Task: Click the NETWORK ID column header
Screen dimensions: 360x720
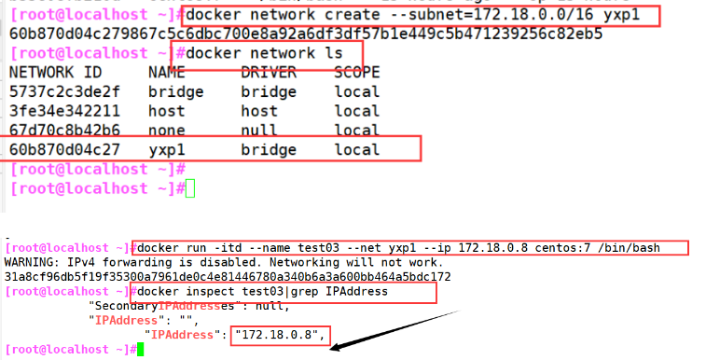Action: coord(51,72)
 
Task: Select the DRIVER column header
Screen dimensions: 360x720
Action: coord(269,72)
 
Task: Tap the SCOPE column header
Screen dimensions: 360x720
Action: coord(357,72)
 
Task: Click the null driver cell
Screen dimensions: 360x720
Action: coord(259,131)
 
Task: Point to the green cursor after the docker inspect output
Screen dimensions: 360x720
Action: coord(138,349)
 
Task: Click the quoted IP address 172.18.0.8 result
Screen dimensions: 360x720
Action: coord(279,333)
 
